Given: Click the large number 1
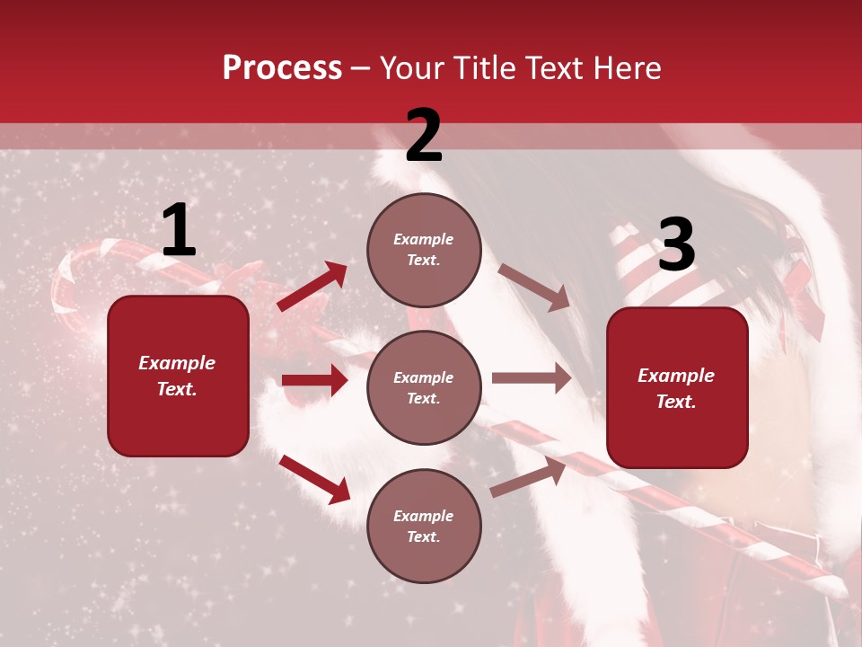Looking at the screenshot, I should (179, 231).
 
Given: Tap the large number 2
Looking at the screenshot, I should (424, 137).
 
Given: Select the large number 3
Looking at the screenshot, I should (676, 244).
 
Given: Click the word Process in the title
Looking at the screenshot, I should (282, 67).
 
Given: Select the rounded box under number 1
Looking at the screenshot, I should (178, 376).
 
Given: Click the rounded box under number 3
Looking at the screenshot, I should (677, 387).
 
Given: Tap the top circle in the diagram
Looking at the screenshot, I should (424, 250).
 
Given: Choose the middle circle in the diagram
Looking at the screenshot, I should (424, 387).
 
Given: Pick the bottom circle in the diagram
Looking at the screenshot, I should (424, 526).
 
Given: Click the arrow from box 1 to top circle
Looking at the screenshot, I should (312, 287).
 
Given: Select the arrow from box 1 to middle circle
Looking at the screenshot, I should (314, 380).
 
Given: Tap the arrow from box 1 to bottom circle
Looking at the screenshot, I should (314, 479).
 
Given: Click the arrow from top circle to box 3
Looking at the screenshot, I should (534, 287).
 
